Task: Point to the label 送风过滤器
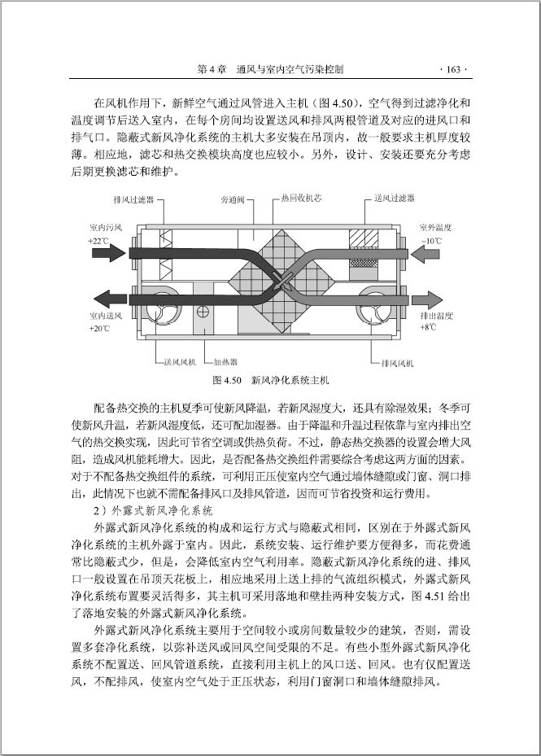click(395, 198)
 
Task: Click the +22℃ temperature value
click(98, 242)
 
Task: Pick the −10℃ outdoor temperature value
click(432, 242)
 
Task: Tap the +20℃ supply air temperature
click(98, 328)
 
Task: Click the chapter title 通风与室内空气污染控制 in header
click(290, 69)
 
